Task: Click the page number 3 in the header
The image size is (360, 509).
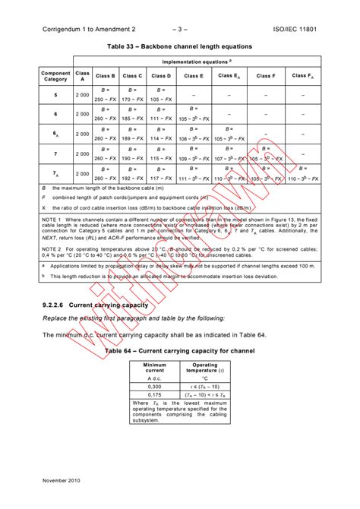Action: (179, 30)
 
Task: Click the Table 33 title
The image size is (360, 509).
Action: (179, 47)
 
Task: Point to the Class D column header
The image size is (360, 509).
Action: (160, 76)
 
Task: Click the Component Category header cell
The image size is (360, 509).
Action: (55, 76)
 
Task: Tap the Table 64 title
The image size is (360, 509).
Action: (179, 352)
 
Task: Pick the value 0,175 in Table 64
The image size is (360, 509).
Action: (155, 395)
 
